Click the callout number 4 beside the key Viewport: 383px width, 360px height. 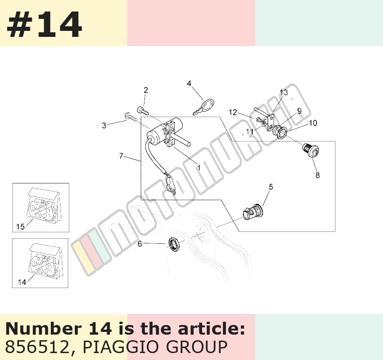coord(189,83)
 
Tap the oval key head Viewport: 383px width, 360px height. coord(208,104)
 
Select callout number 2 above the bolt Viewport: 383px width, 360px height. coord(145,90)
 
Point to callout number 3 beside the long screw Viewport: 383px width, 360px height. coord(104,125)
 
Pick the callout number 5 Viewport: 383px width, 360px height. coord(271,187)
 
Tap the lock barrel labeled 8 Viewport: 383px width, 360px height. coord(311,150)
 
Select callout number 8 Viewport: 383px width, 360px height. coord(317,175)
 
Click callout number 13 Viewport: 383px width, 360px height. coord(284,93)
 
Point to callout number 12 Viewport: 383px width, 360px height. coord(233,112)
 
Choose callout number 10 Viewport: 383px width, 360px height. coord(313,123)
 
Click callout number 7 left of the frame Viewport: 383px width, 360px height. coord(121,156)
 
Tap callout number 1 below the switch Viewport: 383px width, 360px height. coord(199,168)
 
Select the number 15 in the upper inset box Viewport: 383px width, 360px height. coord(20,227)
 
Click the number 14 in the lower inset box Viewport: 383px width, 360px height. coord(22,282)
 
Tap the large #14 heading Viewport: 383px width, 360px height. coord(44,25)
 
